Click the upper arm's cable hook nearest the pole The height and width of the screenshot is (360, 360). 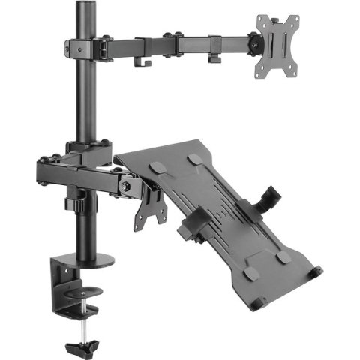click(140, 59)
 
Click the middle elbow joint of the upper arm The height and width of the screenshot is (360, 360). click(174, 42)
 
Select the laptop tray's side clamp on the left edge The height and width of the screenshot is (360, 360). click(196, 221)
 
